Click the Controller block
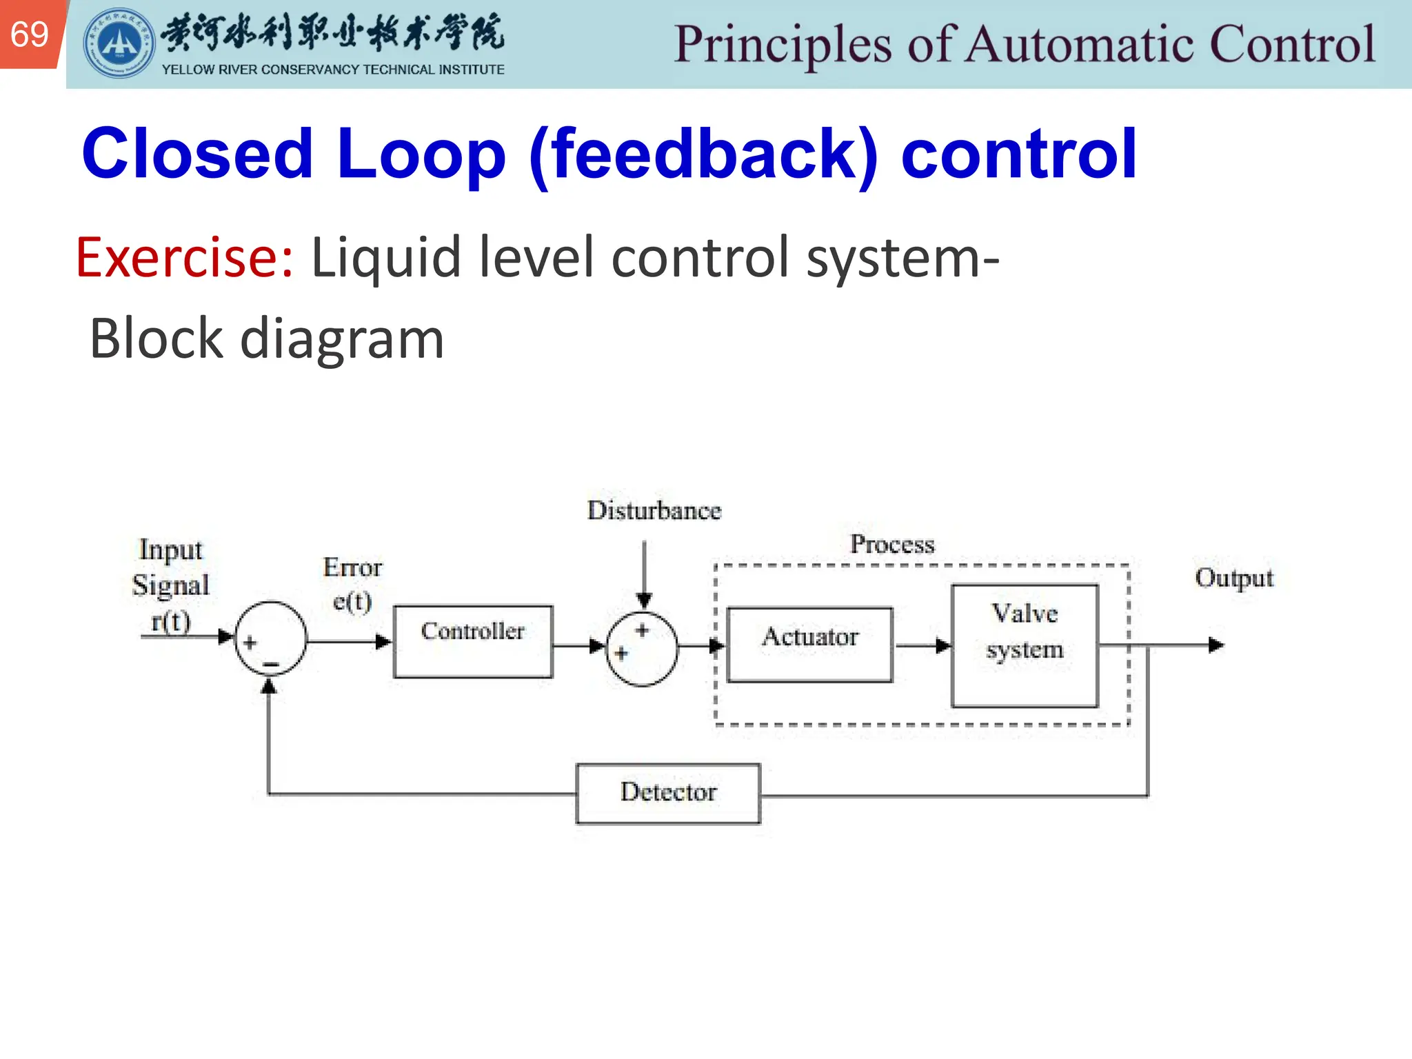(x=473, y=641)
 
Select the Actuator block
(x=810, y=645)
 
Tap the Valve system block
(x=1025, y=645)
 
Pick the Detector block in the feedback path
(x=668, y=793)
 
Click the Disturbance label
(x=654, y=511)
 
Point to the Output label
(x=1233, y=578)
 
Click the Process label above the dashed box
(x=892, y=545)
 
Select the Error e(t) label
(x=352, y=585)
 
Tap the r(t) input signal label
(x=170, y=621)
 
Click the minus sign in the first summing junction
(x=271, y=665)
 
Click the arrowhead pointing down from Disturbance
(x=644, y=601)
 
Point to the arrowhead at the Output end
(x=1216, y=645)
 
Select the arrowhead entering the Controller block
(x=383, y=642)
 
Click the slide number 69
(x=30, y=34)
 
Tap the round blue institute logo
(x=119, y=43)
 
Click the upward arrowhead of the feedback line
(x=269, y=686)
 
